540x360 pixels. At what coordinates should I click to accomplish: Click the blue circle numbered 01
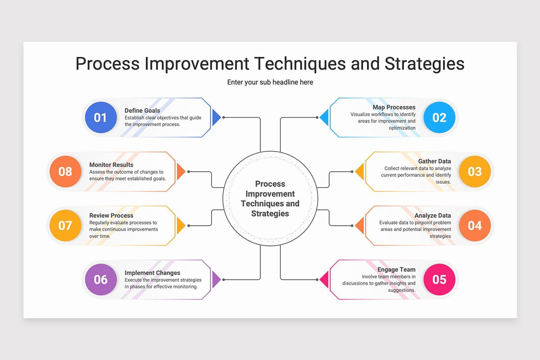click(x=101, y=117)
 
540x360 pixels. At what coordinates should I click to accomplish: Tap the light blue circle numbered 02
click(x=439, y=117)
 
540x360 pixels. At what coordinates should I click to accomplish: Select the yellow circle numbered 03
click(x=475, y=171)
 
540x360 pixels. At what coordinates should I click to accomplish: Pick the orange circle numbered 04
click(x=475, y=225)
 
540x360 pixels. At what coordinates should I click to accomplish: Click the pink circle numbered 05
click(x=439, y=279)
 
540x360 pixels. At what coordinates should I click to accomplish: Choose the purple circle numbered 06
click(x=101, y=279)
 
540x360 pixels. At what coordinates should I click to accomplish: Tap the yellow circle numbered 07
click(x=65, y=225)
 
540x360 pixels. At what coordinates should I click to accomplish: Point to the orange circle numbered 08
click(x=65, y=171)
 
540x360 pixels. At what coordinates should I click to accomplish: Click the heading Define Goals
click(x=142, y=110)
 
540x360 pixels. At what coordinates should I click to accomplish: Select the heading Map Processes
click(x=394, y=107)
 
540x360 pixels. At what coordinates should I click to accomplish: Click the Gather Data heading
click(x=434, y=161)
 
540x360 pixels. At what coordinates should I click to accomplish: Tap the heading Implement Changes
click(x=153, y=273)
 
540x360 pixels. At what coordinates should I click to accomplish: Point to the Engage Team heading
click(x=396, y=270)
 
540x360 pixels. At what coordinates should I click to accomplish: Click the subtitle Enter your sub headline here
click(x=270, y=82)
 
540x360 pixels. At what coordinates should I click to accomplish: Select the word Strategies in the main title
click(x=424, y=64)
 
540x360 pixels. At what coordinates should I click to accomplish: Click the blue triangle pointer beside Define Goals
click(x=216, y=117)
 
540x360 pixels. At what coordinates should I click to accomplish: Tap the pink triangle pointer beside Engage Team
click(x=324, y=279)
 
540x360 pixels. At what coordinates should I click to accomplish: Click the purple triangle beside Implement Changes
click(x=216, y=279)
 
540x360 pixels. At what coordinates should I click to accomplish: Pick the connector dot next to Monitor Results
click(x=189, y=172)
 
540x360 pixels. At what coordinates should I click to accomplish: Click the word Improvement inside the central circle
click(x=270, y=194)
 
